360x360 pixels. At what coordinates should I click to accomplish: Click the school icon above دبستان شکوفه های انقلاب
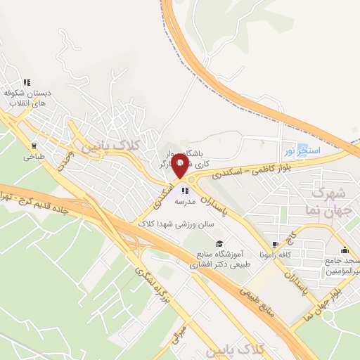(27, 82)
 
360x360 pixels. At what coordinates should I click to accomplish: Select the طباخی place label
(32, 157)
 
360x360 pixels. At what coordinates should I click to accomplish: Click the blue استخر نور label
(301, 150)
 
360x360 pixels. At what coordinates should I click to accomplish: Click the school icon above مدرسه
(184, 189)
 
